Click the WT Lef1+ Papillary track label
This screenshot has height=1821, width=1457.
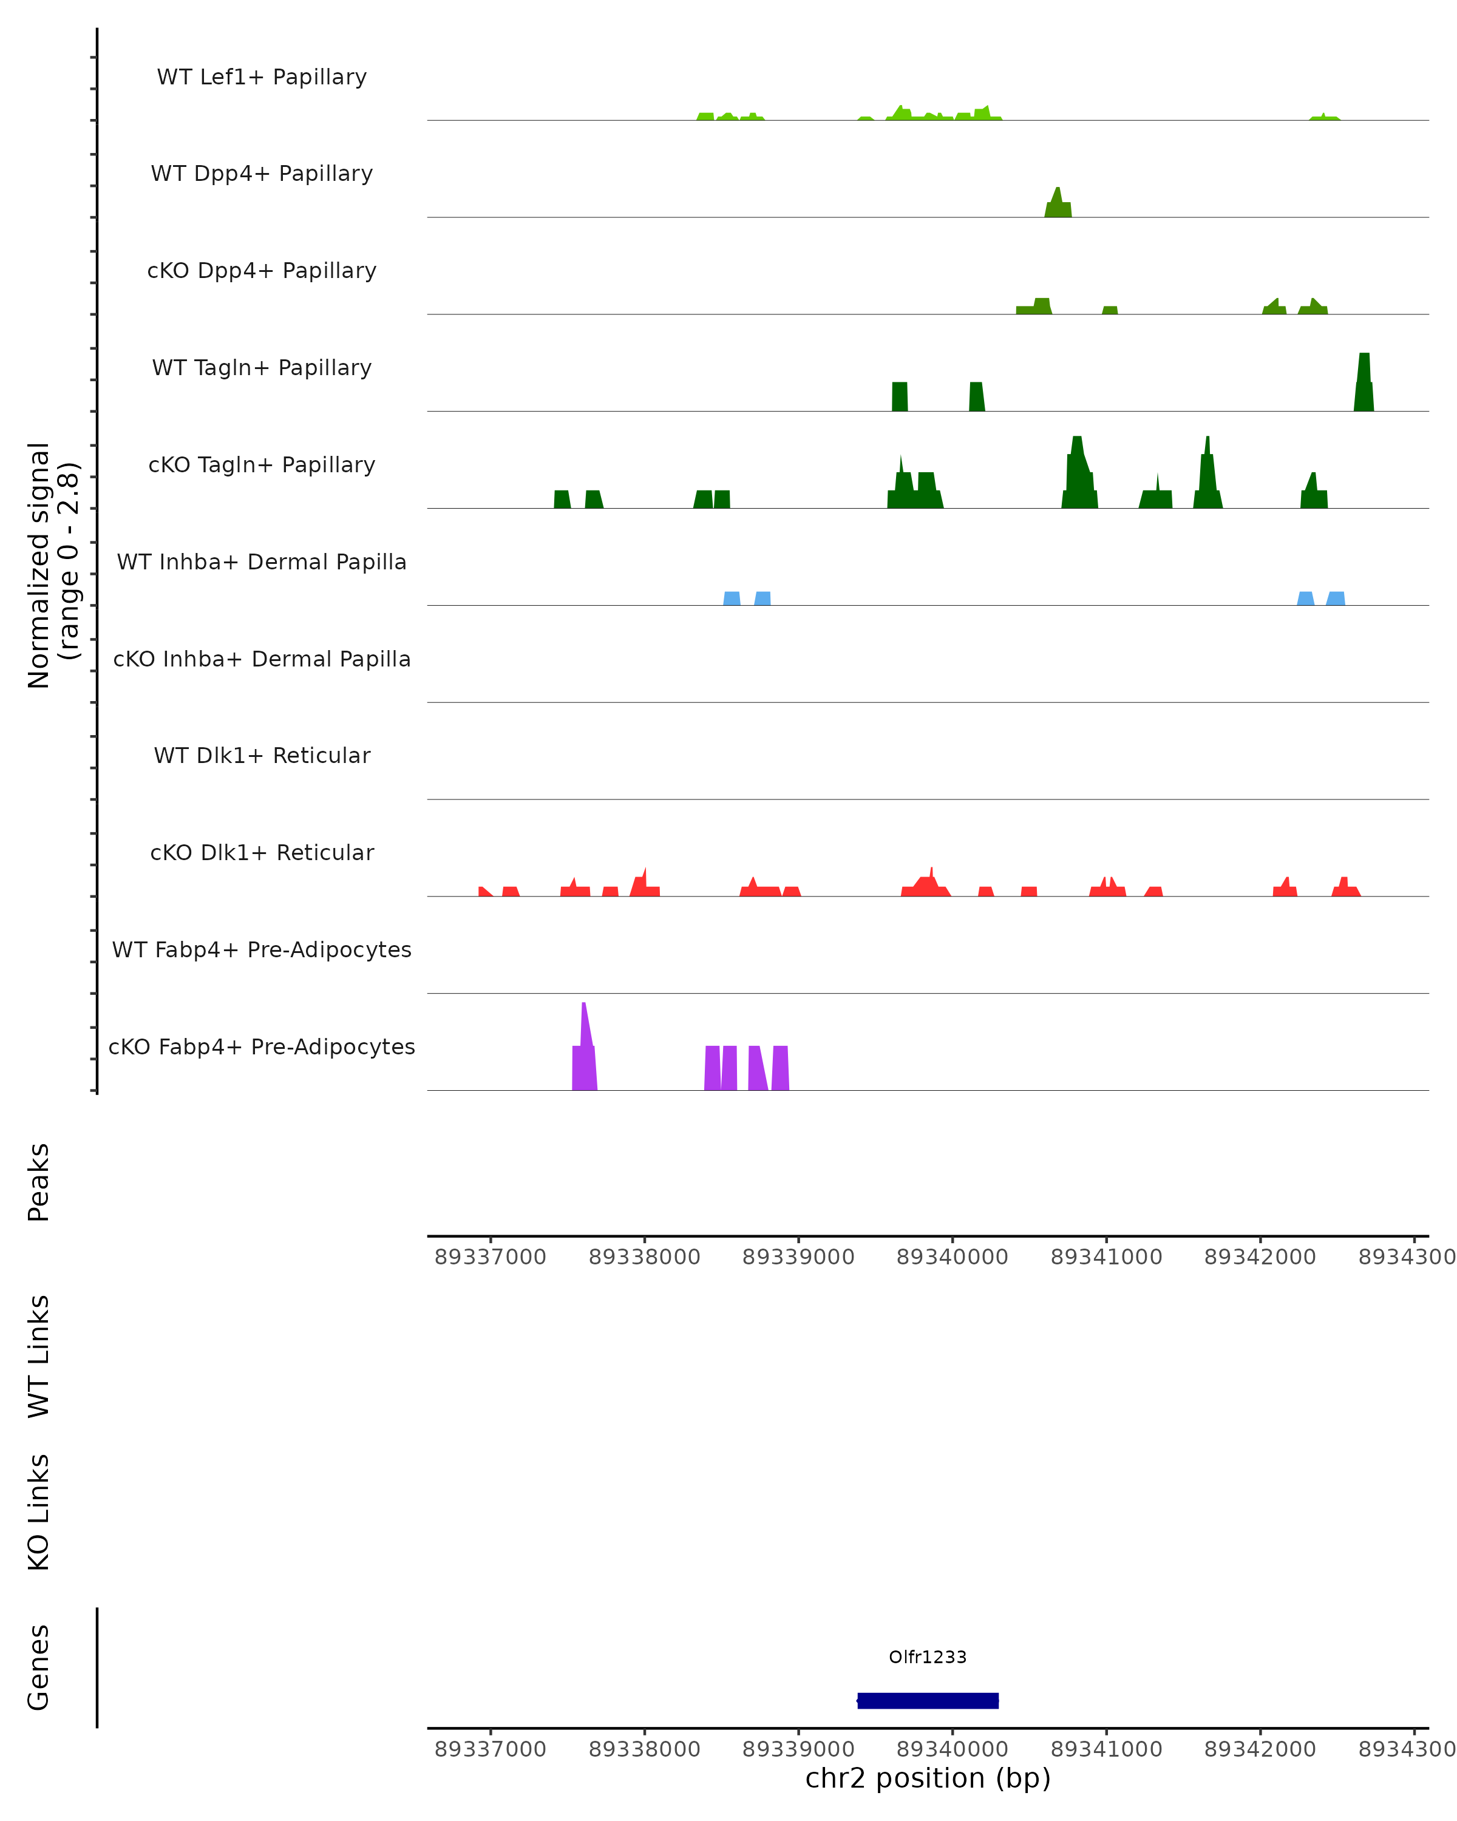click(262, 77)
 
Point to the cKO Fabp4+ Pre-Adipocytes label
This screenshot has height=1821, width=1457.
click(262, 1046)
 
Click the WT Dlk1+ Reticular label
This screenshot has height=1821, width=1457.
click(262, 755)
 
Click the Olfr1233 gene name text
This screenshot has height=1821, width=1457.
click(928, 1657)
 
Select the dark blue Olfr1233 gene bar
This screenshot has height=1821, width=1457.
click(928, 1700)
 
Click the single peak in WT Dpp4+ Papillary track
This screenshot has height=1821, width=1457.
click(1058, 205)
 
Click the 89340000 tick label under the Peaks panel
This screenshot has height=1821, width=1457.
click(952, 1257)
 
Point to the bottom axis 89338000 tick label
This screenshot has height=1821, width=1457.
click(645, 1749)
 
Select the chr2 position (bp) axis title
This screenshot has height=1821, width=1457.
click(928, 1778)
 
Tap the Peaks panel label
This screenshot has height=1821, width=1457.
click(39, 1182)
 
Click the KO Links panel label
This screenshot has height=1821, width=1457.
click(39, 1512)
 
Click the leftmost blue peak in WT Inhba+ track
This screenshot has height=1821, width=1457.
click(732, 599)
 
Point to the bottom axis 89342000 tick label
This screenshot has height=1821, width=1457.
click(1259, 1749)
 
